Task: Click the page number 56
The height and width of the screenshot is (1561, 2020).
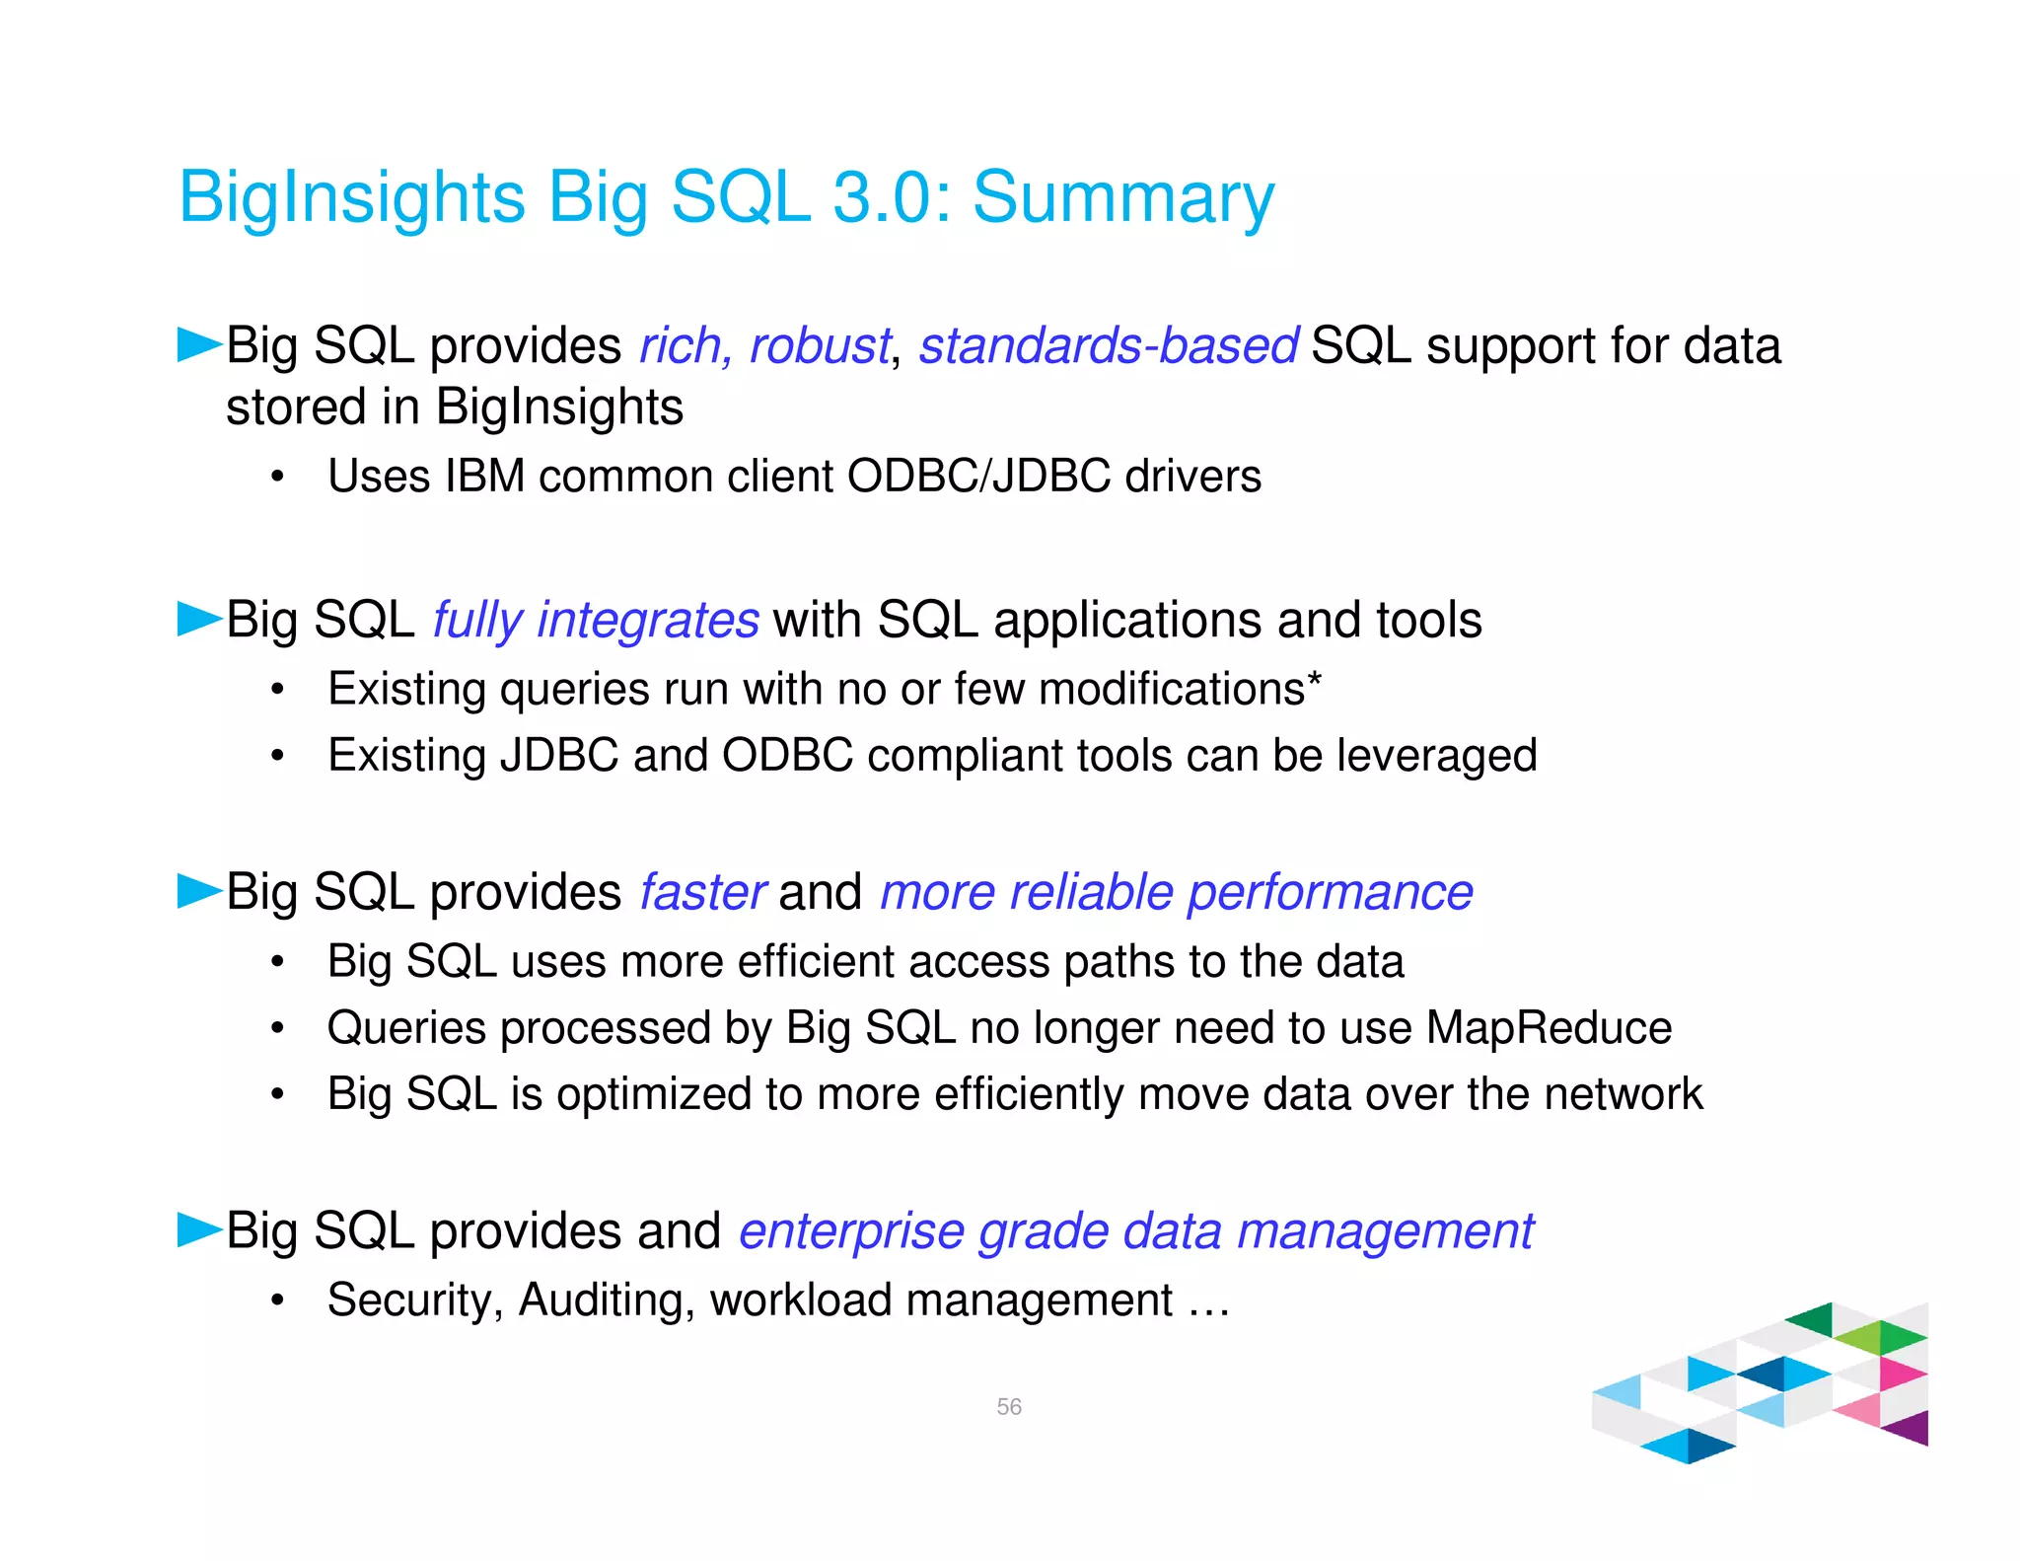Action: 1009,1406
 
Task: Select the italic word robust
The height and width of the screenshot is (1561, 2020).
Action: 819,346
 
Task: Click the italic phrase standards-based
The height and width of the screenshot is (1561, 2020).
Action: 1108,346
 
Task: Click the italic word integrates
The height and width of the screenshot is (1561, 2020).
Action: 647,621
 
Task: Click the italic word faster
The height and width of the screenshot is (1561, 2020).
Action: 702,893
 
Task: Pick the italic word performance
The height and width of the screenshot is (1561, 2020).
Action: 1330,893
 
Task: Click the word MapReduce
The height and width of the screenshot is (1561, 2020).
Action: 1549,1028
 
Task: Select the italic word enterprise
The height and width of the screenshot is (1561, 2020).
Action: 850,1232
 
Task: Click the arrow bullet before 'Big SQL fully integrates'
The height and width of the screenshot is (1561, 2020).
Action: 198,620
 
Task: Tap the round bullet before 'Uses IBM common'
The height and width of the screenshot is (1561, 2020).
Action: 278,478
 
